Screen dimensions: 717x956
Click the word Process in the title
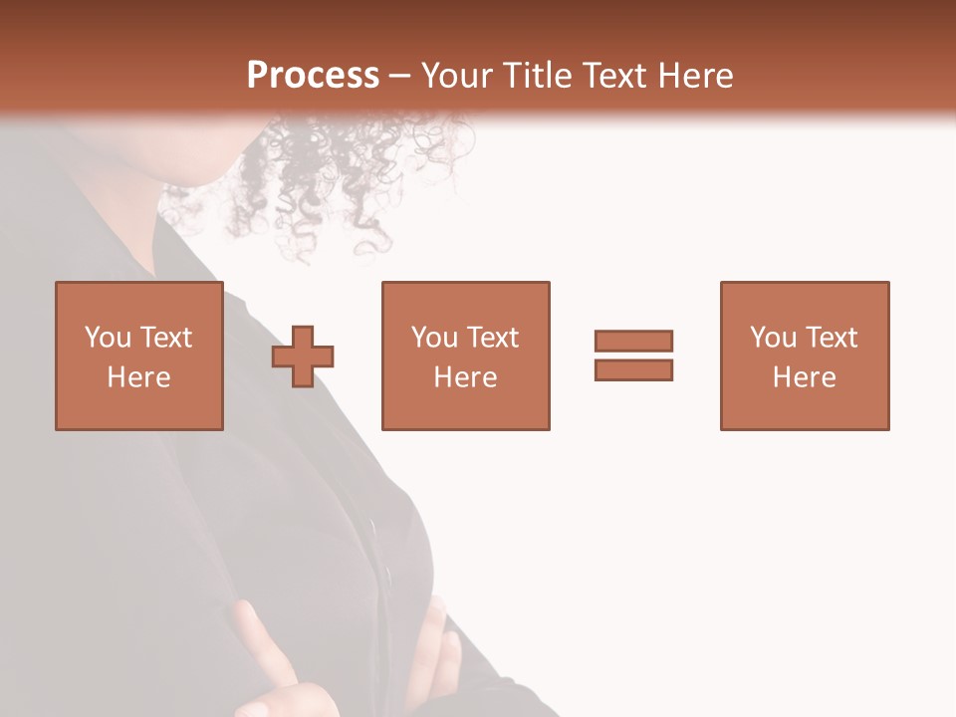coord(313,76)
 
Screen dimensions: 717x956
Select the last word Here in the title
coord(694,76)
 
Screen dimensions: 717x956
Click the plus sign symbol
coord(303,357)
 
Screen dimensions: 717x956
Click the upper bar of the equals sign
coord(633,341)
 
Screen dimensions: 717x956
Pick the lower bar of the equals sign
coord(633,369)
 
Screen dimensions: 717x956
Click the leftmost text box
coord(139,356)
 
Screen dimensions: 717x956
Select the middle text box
coord(466,356)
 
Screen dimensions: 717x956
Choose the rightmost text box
coord(805,356)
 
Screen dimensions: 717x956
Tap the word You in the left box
coord(107,338)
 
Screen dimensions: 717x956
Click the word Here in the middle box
coord(466,377)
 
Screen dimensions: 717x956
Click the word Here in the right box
coord(805,377)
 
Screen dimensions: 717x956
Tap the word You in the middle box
coord(433,338)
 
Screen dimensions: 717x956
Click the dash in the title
coord(400,76)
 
